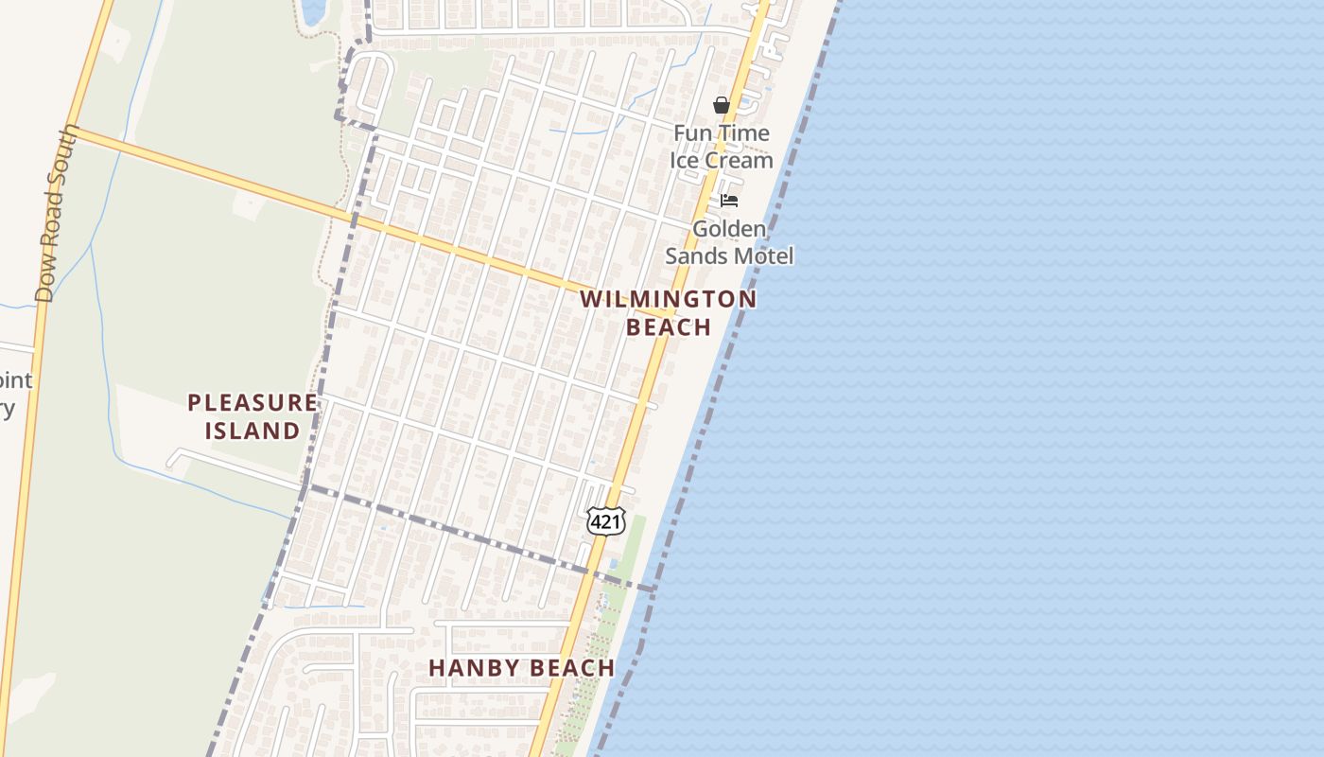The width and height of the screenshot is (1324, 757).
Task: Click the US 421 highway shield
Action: click(605, 520)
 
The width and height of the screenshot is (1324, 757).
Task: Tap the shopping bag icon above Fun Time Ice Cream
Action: click(722, 105)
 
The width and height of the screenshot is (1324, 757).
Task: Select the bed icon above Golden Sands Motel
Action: click(729, 201)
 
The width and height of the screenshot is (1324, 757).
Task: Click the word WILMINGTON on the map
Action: click(668, 300)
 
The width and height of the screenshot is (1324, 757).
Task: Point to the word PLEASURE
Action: click(253, 403)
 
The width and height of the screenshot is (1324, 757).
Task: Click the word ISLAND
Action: click(253, 431)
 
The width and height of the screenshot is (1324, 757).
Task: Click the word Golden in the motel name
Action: click(728, 229)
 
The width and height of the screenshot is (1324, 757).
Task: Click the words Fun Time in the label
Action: click(722, 133)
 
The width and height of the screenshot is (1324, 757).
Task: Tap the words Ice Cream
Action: click(722, 161)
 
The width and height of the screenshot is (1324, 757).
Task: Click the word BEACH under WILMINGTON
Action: click(669, 327)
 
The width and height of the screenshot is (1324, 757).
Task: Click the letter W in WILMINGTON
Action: click(590, 300)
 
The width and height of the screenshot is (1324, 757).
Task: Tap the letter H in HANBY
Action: click(437, 668)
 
